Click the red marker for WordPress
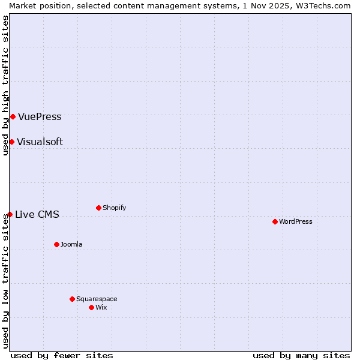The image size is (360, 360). (275, 221)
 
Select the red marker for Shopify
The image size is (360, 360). (98, 208)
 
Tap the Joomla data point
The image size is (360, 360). (56, 244)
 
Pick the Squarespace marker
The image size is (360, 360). (72, 299)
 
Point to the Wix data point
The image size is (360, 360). (91, 307)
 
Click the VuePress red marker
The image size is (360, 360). (13, 116)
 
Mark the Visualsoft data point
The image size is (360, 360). (11, 142)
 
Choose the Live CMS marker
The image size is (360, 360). (10, 214)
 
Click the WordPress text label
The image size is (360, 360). (296, 221)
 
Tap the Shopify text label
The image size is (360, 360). (114, 208)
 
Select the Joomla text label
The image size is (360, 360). (71, 244)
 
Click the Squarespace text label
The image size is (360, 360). (97, 299)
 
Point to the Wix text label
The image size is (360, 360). (101, 307)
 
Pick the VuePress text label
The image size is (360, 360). (40, 116)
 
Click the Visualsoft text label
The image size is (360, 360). (40, 142)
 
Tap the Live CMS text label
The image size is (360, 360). (37, 214)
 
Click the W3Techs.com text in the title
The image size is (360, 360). (327, 5)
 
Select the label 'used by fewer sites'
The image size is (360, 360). (62, 355)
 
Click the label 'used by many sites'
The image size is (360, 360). (301, 355)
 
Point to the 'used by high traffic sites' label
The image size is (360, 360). (5, 85)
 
